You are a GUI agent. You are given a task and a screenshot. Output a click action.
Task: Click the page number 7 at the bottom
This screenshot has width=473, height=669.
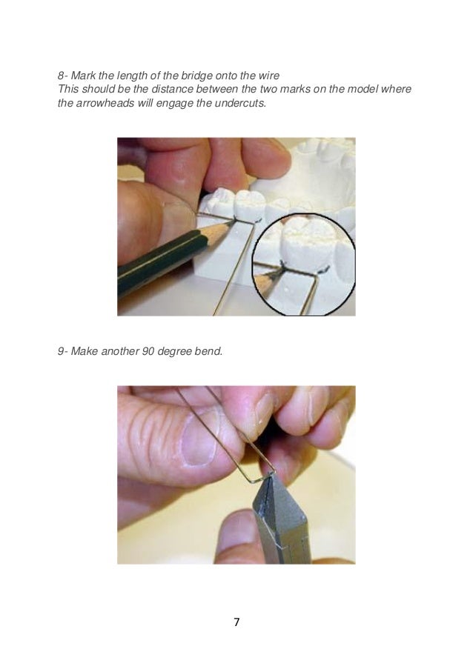coord(236,621)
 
